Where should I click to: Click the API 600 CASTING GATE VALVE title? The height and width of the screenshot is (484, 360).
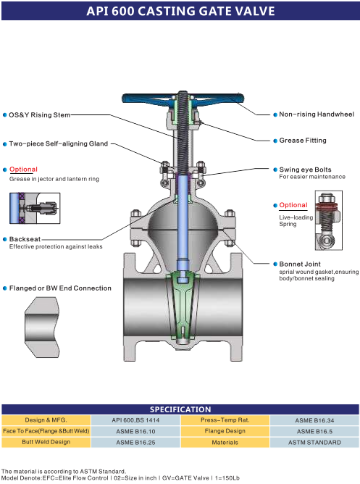(x=180, y=11)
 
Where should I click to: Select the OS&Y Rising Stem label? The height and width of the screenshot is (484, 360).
(x=40, y=114)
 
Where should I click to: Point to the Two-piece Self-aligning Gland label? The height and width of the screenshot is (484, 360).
(x=58, y=143)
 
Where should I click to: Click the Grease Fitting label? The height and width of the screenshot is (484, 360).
(x=303, y=141)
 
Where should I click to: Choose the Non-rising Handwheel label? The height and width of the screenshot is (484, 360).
(x=317, y=114)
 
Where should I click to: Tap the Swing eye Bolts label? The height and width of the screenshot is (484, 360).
(x=305, y=170)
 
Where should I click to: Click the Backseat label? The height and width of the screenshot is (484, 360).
(x=25, y=239)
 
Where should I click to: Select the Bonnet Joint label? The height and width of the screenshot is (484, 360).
(x=300, y=264)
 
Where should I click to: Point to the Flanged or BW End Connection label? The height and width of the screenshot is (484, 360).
(x=60, y=288)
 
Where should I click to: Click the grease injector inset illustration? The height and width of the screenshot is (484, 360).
(x=35, y=208)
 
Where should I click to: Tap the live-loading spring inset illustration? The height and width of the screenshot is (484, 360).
(x=329, y=220)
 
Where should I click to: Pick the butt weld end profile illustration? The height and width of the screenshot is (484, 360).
(x=42, y=327)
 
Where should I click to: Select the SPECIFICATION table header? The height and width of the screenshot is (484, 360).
(x=180, y=409)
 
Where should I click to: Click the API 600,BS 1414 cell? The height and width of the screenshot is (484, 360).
(x=135, y=420)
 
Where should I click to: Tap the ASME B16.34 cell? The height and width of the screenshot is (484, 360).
(x=314, y=420)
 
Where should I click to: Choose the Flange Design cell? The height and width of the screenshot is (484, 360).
(x=225, y=431)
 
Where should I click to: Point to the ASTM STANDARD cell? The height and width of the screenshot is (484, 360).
(x=314, y=442)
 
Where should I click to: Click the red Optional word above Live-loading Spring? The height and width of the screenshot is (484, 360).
(x=293, y=205)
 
